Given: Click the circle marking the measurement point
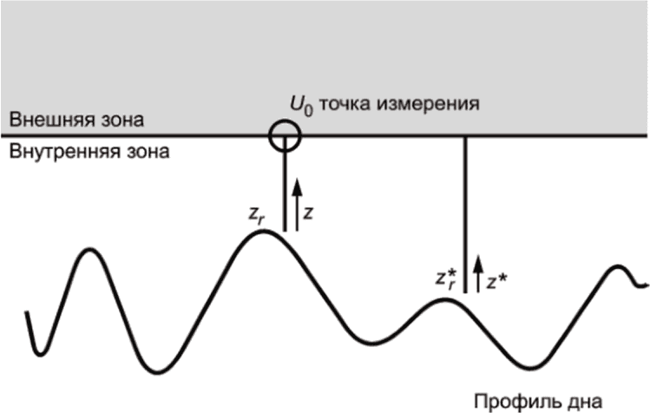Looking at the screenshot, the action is click(x=285, y=135).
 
